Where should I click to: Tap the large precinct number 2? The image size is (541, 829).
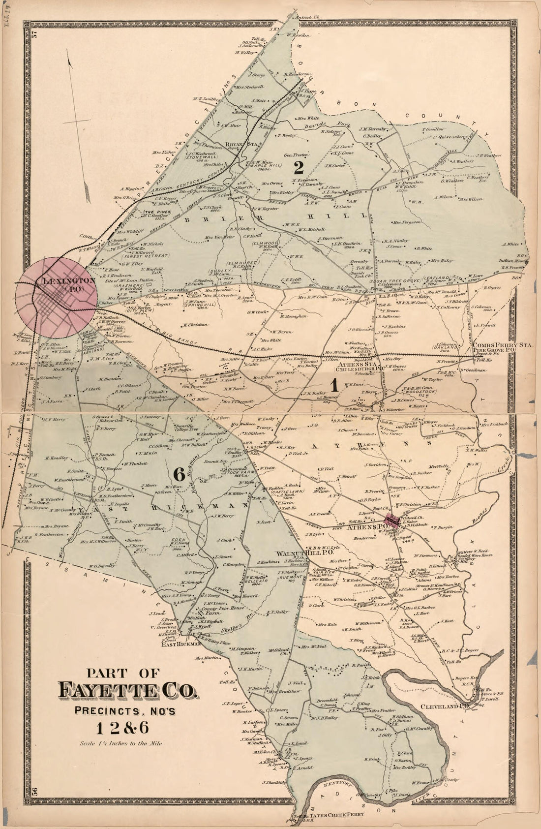pos(298,168)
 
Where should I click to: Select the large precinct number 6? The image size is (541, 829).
pos(179,474)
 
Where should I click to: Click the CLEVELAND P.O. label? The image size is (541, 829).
pos(443,706)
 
